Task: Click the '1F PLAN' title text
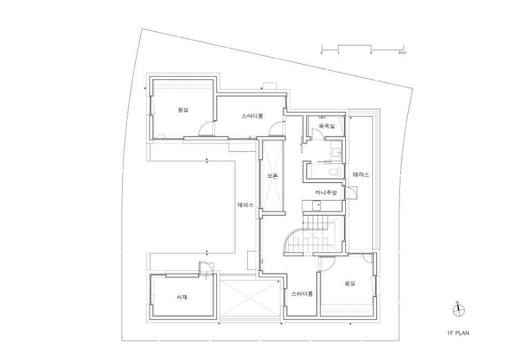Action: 458,333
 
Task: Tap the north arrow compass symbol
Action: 458,310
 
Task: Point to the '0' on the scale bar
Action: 322,52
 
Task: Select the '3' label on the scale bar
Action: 371,52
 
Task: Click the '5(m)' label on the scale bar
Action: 402,52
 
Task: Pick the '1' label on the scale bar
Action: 338,52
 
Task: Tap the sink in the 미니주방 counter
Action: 316,205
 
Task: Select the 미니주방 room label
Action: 326,193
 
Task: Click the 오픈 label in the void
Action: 273,176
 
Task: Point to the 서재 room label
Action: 182,297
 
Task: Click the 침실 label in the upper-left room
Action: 183,110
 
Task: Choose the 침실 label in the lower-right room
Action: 350,284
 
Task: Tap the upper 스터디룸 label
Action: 252,116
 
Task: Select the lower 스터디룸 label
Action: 302,294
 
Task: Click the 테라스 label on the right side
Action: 361,175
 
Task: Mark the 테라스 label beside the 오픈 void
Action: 246,205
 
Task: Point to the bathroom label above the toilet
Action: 326,126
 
